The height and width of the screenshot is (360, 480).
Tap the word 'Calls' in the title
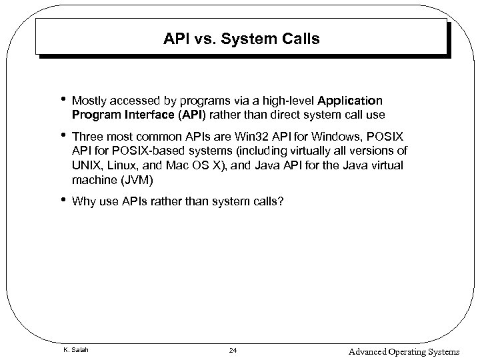click(300, 39)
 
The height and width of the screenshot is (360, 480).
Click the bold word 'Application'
click(351, 101)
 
